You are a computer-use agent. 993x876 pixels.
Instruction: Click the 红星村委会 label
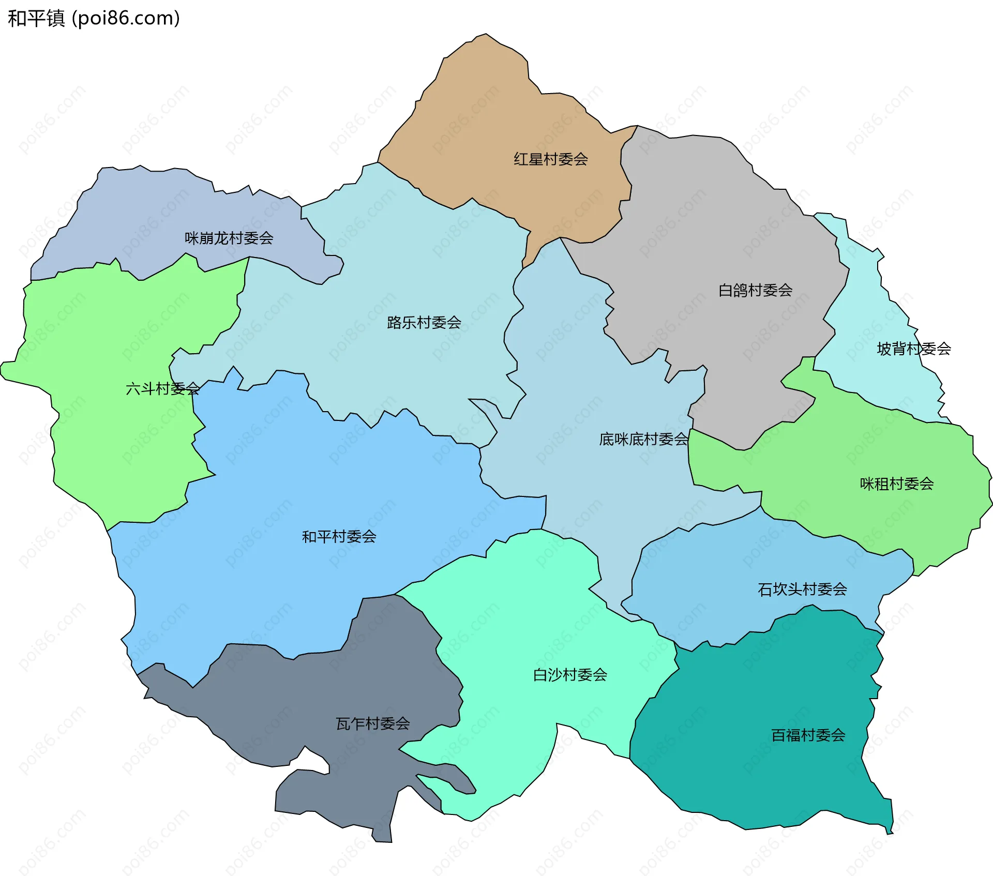(x=550, y=159)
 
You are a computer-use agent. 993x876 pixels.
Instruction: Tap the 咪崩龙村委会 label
(x=229, y=238)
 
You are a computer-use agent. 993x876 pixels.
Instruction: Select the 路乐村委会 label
(x=424, y=323)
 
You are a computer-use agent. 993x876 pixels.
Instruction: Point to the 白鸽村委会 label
(x=755, y=290)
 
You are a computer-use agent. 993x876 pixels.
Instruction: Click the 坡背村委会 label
(x=913, y=349)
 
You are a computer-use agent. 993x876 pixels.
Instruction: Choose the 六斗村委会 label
(x=162, y=388)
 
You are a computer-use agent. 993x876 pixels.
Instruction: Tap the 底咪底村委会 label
(x=643, y=439)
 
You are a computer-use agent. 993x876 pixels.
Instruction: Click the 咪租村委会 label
(x=896, y=484)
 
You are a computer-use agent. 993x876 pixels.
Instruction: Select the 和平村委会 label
(x=339, y=536)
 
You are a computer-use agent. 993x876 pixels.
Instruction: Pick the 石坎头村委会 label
(x=802, y=589)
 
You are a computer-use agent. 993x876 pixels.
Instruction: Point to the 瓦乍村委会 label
(x=372, y=723)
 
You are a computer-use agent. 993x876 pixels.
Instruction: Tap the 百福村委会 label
(x=808, y=735)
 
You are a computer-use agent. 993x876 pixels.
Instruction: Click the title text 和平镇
(x=36, y=18)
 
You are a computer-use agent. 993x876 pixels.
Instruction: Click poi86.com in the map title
(x=126, y=18)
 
